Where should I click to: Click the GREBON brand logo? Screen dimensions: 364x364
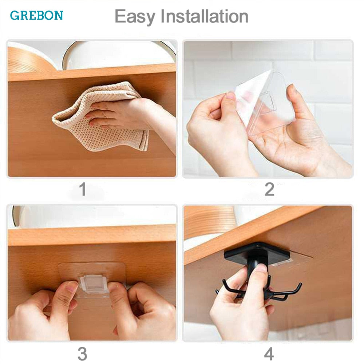tap(36, 15)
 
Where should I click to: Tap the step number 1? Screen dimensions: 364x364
tap(83, 190)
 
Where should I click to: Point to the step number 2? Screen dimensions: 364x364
tap(269, 190)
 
